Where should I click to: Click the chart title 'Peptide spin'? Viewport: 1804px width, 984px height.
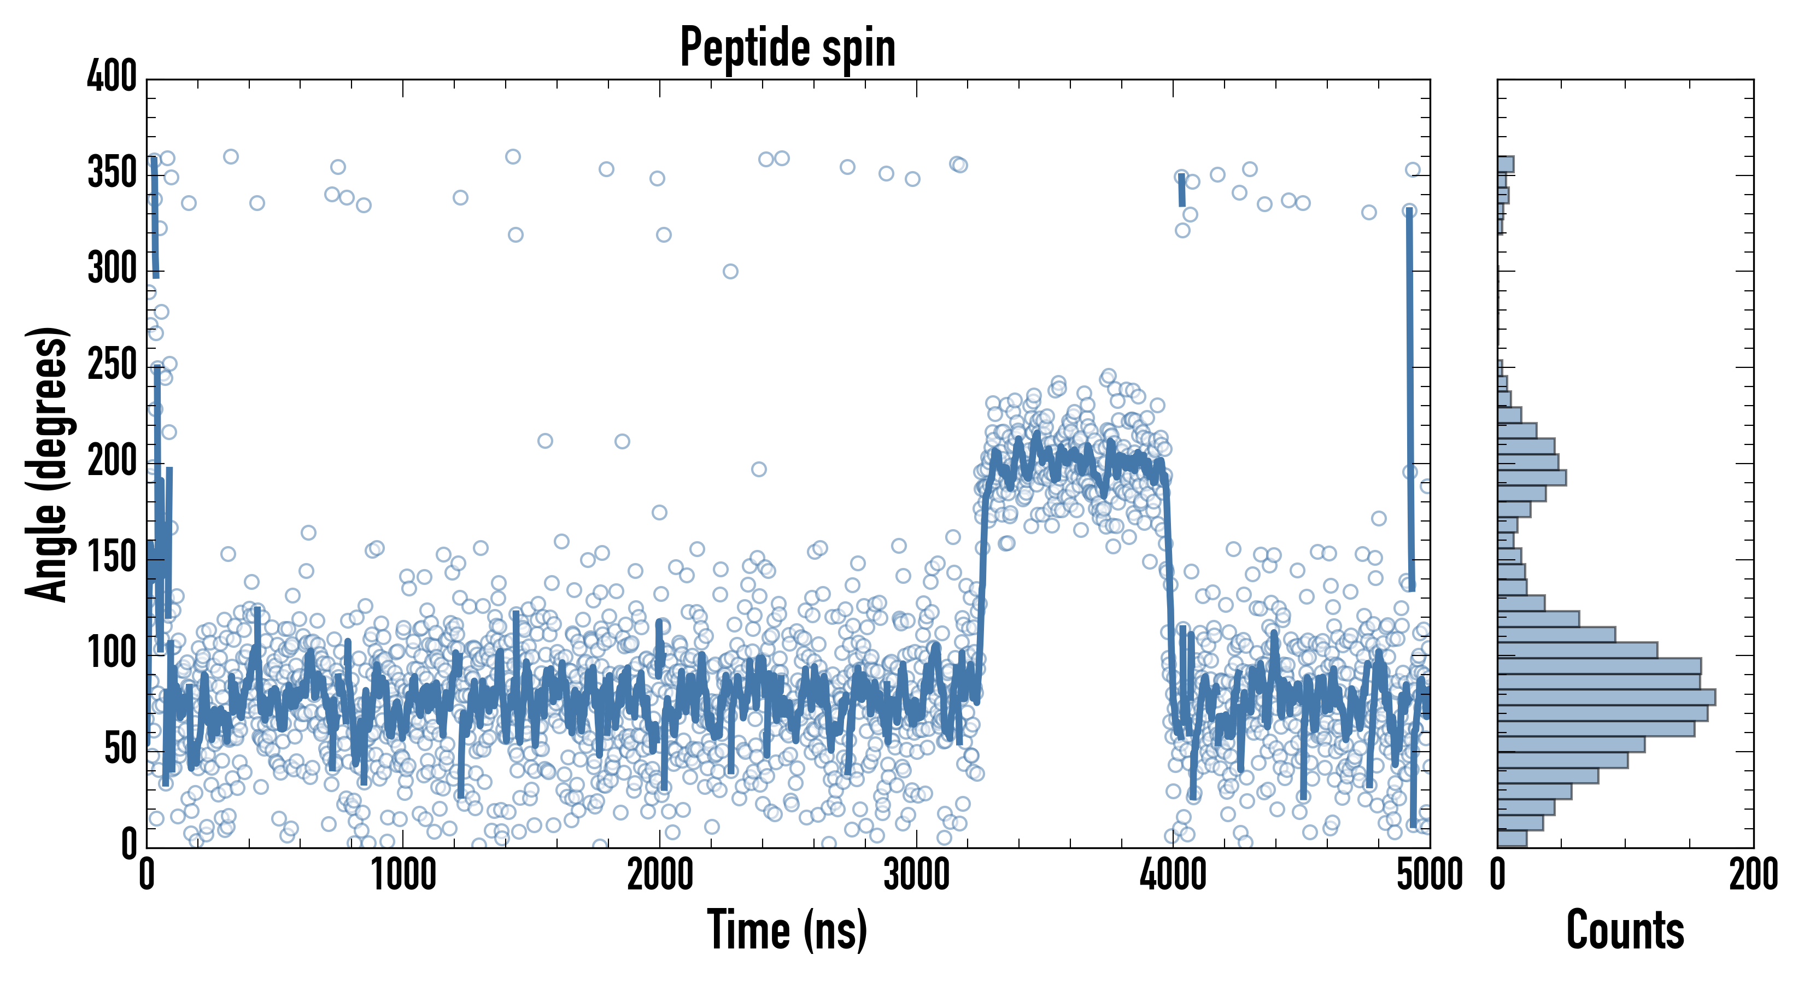pos(788,48)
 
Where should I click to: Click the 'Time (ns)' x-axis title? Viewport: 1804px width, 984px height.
pos(788,929)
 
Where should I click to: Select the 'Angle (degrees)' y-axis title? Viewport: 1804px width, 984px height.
pos(46,464)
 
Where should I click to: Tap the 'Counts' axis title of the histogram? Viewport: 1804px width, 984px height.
pos(1625,929)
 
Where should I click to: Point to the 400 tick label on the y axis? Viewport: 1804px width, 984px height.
pos(112,75)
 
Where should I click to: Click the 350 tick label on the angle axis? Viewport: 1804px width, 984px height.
pos(112,172)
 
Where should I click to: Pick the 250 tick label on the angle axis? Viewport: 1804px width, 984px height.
pos(112,365)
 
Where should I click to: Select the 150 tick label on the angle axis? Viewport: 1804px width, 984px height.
pos(112,558)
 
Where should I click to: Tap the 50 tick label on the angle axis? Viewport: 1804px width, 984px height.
pos(120,749)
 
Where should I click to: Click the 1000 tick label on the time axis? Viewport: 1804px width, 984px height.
pos(403,875)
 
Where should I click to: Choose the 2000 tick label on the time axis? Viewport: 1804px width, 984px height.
pos(660,875)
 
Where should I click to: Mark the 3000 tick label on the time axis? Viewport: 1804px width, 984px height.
pos(916,875)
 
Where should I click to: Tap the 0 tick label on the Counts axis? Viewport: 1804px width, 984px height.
pos(1498,875)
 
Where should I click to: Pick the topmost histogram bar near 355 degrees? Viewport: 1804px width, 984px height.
pos(1506,165)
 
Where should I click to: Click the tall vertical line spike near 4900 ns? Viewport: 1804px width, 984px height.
pos(1410,399)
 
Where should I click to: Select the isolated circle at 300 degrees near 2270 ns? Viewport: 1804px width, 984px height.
pos(730,271)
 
